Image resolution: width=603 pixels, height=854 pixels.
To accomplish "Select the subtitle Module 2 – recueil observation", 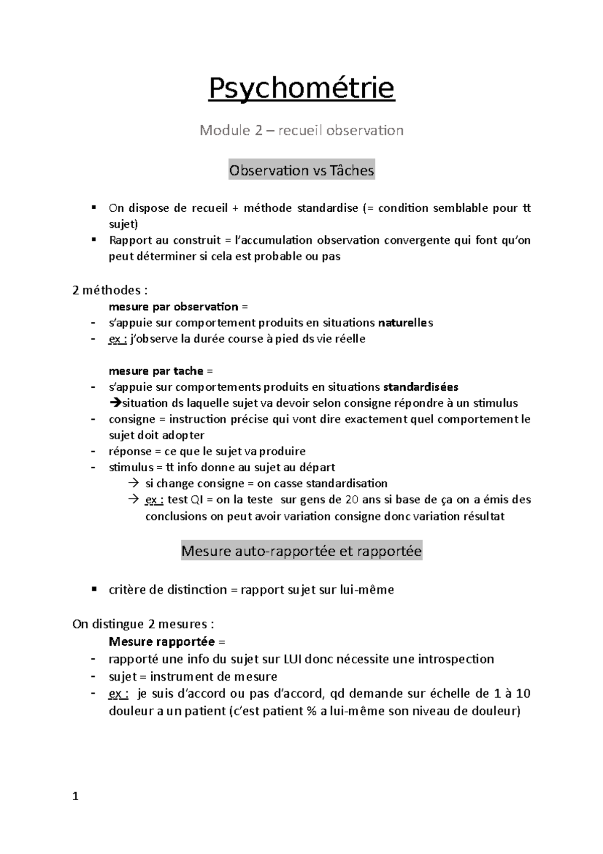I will point(301,131).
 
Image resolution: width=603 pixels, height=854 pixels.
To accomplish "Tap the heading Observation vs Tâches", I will point(301,170).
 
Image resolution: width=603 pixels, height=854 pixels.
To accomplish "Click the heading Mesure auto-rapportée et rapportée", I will point(301,551).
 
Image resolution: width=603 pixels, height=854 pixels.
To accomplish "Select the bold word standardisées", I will point(421,387).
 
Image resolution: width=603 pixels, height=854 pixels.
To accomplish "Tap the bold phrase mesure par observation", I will point(173,307).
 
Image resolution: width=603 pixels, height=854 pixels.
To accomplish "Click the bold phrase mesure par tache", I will point(156,371).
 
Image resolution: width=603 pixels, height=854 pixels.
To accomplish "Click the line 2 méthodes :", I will point(110,290).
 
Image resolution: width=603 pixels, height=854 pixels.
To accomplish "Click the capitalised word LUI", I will point(293,659).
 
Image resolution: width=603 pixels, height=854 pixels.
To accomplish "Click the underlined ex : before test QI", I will point(154,500).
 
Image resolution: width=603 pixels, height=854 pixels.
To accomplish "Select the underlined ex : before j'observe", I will point(118,339).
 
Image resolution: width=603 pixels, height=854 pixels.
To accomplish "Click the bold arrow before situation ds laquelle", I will point(115,403).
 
